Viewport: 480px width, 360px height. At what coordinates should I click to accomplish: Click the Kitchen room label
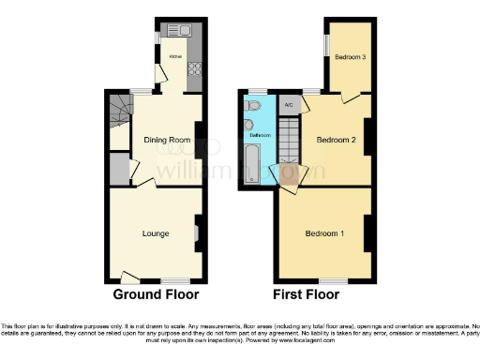(173, 56)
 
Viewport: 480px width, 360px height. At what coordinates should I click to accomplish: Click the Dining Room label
(167, 141)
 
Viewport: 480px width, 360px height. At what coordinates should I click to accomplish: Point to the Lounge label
(156, 232)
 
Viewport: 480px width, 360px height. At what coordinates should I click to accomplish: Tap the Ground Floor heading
(157, 294)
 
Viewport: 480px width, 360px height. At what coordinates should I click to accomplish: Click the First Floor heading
(307, 294)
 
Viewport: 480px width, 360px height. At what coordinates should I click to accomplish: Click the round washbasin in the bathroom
(248, 124)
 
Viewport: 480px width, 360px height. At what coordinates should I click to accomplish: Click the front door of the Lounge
(129, 277)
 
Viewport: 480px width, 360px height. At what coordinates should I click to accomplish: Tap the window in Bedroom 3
(326, 44)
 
